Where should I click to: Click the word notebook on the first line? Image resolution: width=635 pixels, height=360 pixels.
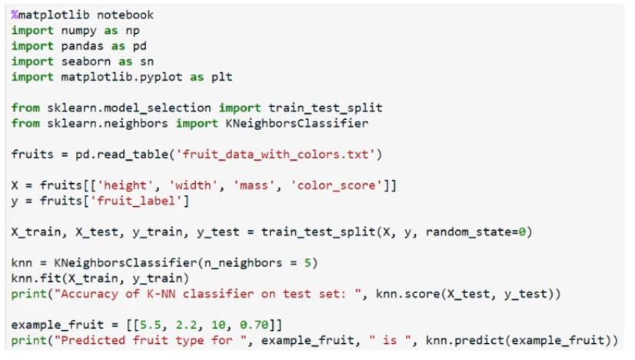coord(125,15)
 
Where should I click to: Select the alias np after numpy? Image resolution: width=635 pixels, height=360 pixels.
coord(132,31)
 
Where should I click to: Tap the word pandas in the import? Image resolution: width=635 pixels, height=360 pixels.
coord(82,46)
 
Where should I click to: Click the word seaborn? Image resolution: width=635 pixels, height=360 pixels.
coord(86,62)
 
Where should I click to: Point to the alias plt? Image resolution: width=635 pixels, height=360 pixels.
coord(222,77)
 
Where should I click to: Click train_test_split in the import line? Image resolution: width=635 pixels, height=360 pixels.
coord(325,108)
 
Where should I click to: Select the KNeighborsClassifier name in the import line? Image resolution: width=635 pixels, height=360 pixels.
coord(297,123)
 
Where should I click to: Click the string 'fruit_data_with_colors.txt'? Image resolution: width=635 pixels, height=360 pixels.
coord(275,155)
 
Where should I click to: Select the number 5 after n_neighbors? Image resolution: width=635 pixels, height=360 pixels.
coord(308,263)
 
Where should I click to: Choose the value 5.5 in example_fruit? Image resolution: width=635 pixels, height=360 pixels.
coord(150,325)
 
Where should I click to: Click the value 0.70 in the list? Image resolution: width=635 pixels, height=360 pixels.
coord(254,325)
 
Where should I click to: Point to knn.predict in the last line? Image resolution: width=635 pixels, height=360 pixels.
coord(465,341)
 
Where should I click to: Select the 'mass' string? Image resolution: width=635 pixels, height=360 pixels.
coord(254,185)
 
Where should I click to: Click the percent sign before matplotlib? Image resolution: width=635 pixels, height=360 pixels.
coord(15,15)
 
